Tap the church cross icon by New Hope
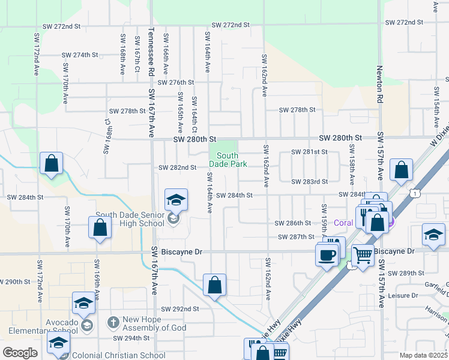tap(112, 322)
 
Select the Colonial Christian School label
tap(118, 355)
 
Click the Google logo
tap(20, 352)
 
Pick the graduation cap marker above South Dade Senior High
tap(176, 200)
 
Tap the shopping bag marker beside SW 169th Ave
tap(100, 228)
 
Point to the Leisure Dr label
tap(403, 295)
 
